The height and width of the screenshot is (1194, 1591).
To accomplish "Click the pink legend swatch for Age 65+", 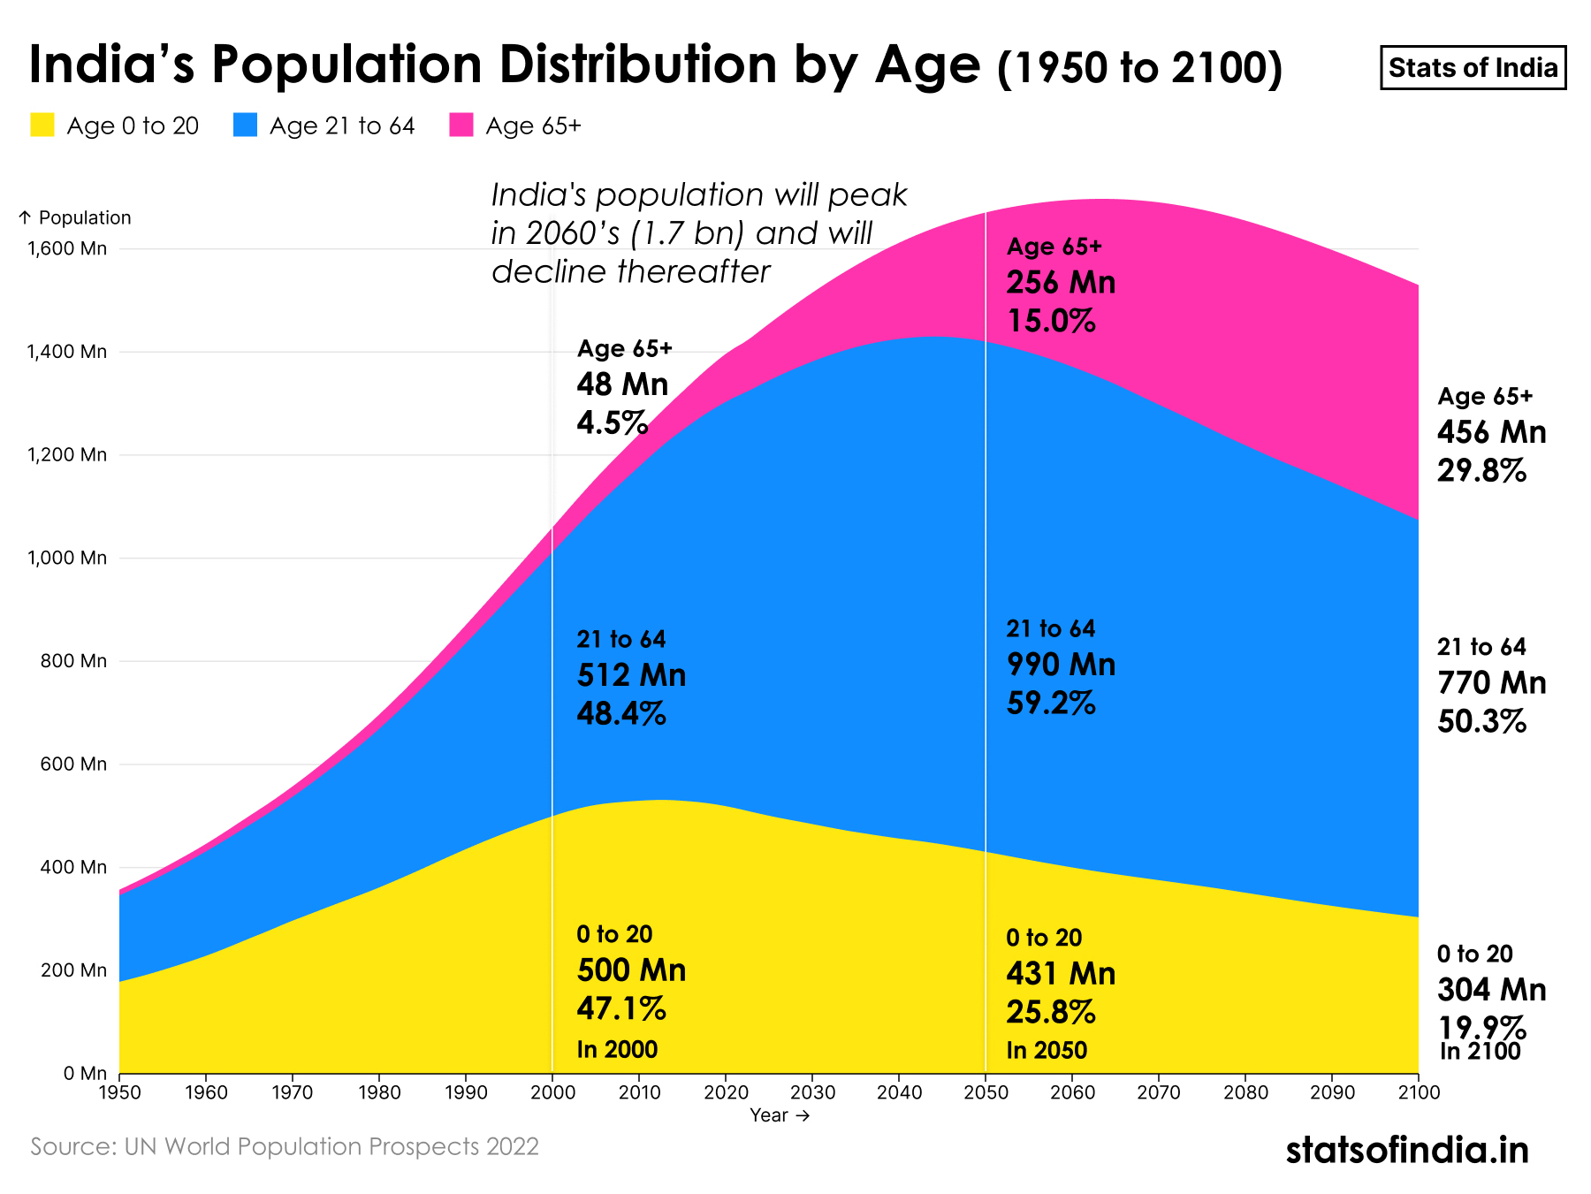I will [461, 125].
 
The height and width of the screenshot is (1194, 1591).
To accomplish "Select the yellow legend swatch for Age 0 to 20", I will [42, 125].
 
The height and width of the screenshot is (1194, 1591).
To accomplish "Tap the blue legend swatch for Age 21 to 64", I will [246, 125].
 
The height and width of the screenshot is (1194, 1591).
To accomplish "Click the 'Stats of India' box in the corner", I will [1473, 68].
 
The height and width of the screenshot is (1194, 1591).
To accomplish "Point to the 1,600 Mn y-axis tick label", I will [67, 248].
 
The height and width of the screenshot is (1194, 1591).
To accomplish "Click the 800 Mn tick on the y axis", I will [77, 661].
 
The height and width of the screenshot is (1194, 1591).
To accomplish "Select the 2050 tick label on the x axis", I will [986, 1092].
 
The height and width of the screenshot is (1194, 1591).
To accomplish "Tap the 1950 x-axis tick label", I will [119, 1092].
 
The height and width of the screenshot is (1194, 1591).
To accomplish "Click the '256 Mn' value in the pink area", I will [1061, 283].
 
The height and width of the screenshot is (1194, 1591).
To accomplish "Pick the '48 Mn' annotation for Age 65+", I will [622, 384].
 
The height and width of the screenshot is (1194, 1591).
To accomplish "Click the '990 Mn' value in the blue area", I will [1061, 665].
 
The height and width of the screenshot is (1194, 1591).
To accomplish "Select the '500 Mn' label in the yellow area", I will [631, 970].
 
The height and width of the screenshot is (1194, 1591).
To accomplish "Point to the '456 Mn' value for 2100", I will [1492, 432].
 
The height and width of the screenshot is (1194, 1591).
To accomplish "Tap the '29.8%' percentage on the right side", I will [1482, 471].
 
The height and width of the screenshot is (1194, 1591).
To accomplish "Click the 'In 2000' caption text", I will [617, 1049].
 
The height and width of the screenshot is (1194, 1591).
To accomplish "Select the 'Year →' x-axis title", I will [780, 1115].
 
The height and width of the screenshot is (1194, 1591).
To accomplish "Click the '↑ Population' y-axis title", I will [74, 217].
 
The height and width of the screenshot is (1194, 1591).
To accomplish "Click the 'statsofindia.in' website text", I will [1407, 1150].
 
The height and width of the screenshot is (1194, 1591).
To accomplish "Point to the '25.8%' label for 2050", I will [1051, 1012].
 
